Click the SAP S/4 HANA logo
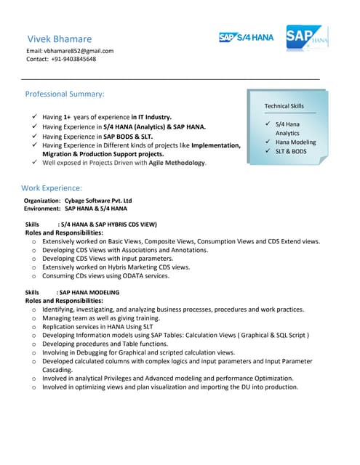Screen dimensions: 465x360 click(246, 38)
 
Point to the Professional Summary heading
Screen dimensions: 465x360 click(65, 94)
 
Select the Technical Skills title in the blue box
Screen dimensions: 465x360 click(284, 106)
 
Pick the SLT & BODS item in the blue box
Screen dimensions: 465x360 click(291, 151)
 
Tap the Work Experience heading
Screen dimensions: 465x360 click(52, 187)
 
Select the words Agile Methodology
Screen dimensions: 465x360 click(169, 163)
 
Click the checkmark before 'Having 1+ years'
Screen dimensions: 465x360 click(35, 116)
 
